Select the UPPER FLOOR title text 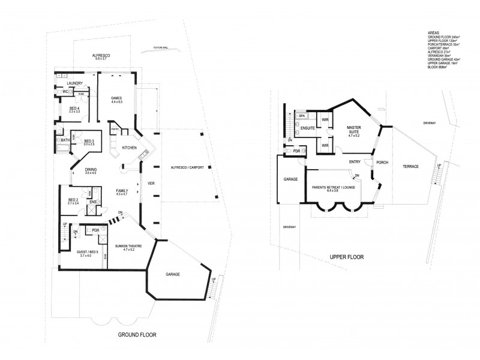click(346, 257)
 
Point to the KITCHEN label click(130, 148)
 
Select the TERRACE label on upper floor click(410, 166)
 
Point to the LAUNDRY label click(74, 83)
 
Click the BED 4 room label click(74, 109)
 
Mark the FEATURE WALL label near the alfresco click(160, 47)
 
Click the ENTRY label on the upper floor click(355, 162)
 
